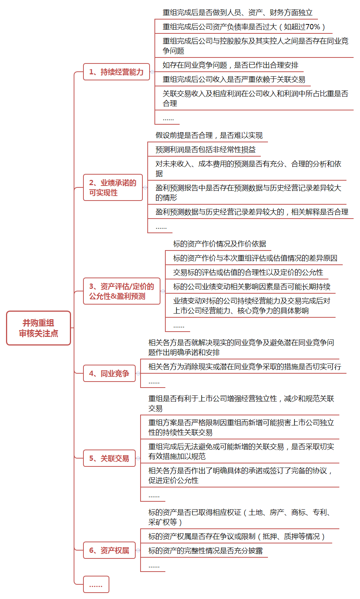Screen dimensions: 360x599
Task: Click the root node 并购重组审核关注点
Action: [x=38, y=328]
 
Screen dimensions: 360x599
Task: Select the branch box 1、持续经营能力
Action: [x=116, y=72]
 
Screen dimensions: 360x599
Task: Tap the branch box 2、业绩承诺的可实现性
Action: [x=113, y=187]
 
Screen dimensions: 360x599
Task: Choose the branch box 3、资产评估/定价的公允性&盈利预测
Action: [x=121, y=291]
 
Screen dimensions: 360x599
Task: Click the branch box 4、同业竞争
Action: [x=109, y=373]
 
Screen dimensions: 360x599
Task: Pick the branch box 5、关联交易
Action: [x=109, y=458]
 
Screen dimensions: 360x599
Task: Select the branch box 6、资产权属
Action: [x=109, y=550]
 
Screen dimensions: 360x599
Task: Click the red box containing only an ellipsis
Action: [x=96, y=584]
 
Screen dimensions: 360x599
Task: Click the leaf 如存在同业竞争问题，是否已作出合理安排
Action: [x=230, y=65]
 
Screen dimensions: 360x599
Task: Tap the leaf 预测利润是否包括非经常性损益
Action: [x=206, y=149]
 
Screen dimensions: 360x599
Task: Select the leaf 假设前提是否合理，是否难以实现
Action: [x=209, y=135]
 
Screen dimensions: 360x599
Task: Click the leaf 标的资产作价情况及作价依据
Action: [x=219, y=244]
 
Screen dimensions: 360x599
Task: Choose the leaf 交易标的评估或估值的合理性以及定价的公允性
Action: [x=248, y=272]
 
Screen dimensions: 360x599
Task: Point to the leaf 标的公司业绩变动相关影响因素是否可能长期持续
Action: [x=252, y=287]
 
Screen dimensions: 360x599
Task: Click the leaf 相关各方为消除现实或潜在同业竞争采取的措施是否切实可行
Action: [x=245, y=367]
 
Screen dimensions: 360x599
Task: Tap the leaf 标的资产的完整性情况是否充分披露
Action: [x=206, y=551]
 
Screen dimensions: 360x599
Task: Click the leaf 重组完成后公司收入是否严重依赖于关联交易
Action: [x=234, y=79]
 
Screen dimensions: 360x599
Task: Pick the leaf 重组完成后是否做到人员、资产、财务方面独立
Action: [x=237, y=12]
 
